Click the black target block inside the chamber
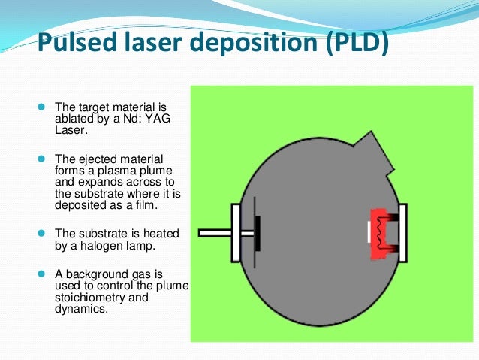[x=258, y=233]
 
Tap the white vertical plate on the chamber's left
[x=236, y=233]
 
